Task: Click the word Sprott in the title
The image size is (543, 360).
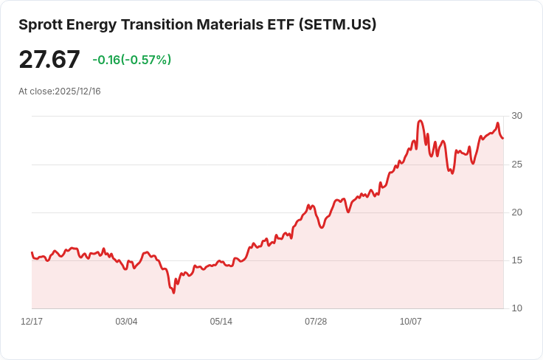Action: coord(42,24)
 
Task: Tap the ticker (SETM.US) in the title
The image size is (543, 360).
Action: coord(337,24)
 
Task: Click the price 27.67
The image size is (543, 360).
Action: coord(49,59)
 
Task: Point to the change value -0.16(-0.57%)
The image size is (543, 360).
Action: coord(131,60)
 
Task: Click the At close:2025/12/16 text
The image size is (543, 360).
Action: coord(60,91)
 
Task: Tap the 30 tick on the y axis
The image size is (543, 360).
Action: coord(516,116)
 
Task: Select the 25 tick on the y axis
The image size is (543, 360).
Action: coord(516,164)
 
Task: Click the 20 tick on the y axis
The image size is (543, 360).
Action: coord(516,212)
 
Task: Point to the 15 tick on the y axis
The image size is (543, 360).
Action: coord(516,260)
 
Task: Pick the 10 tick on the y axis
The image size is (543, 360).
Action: coord(516,308)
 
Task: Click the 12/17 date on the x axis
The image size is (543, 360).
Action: coord(32,322)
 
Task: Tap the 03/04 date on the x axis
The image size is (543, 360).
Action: coord(126,322)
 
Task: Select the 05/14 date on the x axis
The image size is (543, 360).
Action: coord(221,322)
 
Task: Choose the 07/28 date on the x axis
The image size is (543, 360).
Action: coord(316,322)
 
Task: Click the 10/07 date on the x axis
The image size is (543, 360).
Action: coord(410,322)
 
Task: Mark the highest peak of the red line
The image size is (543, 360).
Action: coord(420,120)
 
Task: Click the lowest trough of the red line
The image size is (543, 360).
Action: coord(174,293)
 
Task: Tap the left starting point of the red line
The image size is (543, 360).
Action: coord(32,252)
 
